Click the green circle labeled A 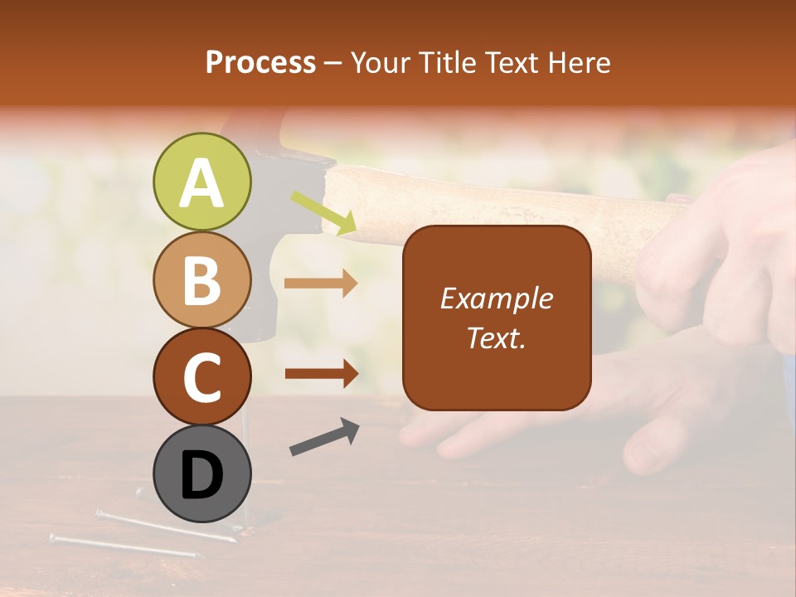[201, 182]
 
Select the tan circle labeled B [201, 280]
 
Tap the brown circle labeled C [201, 377]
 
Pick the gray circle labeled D [201, 474]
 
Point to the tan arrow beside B [321, 284]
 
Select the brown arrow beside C [321, 373]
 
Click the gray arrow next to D [324, 437]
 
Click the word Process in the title [260, 62]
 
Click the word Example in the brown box [497, 298]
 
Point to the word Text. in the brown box [497, 337]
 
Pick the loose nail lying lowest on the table [124, 546]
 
